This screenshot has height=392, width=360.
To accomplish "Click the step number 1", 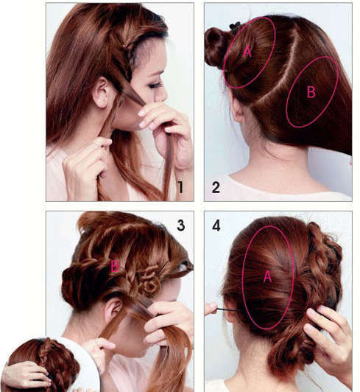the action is [x=180, y=187].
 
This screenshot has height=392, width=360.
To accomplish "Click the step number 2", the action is [x=216, y=187].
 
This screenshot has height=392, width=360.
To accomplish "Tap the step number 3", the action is [x=181, y=225].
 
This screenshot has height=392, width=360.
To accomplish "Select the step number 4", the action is [x=216, y=225].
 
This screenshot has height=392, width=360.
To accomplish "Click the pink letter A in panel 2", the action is [x=247, y=52].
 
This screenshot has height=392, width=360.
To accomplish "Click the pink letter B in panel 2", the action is [x=311, y=92].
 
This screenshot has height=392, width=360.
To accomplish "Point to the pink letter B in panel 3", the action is [x=115, y=266].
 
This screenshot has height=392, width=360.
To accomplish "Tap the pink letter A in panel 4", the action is [x=267, y=277].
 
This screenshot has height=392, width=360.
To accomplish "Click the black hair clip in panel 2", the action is [x=235, y=27].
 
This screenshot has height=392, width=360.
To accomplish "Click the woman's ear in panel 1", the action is [x=102, y=92].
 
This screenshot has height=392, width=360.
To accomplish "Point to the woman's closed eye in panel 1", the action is [x=155, y=85].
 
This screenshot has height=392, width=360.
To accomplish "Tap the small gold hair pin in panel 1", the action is [x=124, y=45].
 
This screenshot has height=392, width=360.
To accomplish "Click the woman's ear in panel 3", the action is [x=113, y=310].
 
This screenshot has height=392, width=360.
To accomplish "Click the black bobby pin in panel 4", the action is [x=229, y=310].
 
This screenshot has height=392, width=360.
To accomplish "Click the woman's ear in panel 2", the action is [x=236, y=109].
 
